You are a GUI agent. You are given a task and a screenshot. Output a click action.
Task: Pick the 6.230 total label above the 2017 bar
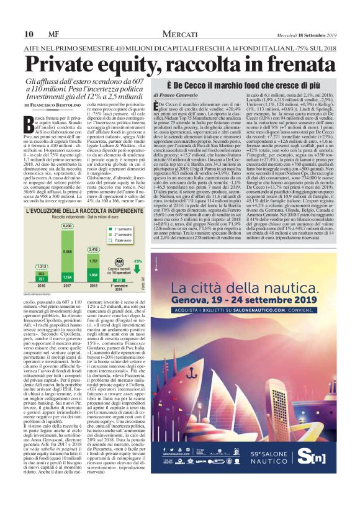(67, 244)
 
